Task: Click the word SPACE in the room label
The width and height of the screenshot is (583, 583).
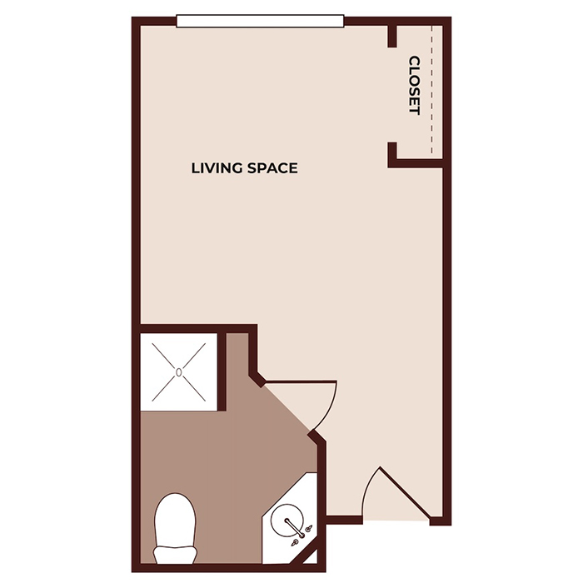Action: pyautogui.click(x=272, y=168)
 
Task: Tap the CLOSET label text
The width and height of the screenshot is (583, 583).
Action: pyautogui.click(x=414, y=85)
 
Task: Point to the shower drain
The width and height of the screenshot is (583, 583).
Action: pyautogui.click(x=178, y=371)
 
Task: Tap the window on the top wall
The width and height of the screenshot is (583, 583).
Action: pyautogui.click(x=260, y=20)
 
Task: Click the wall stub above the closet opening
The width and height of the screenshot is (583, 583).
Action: pyautogui.click(x=391, y=36)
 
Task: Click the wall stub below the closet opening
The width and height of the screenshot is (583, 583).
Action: pyautogui.click(x=391, y=153)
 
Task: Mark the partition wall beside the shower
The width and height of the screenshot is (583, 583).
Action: pyautogui.click(x=223, y=371)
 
